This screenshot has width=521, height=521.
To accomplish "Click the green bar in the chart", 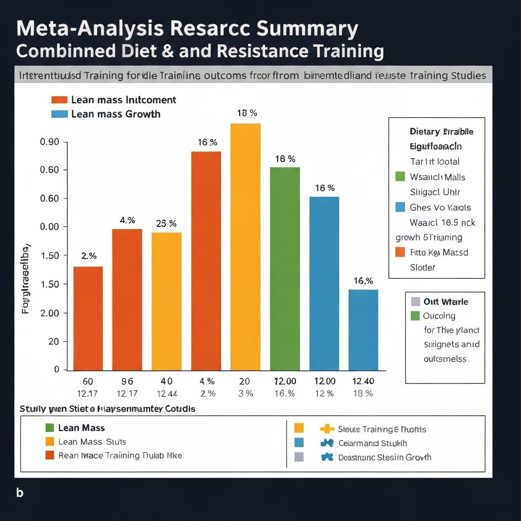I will coord(284,269).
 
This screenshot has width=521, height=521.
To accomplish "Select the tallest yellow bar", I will coord(245,247).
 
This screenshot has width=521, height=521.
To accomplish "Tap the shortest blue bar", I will coord(363,330).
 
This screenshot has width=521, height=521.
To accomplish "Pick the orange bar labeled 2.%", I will coord(88,319).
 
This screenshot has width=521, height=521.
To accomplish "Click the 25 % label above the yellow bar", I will coord(166,223).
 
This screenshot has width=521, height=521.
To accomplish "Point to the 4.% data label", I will coord(127,220).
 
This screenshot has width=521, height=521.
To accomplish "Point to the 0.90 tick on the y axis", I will coord(50,142).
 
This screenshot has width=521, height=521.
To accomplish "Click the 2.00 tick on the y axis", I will coord(50,313).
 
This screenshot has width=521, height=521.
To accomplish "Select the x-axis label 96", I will coord(127,381).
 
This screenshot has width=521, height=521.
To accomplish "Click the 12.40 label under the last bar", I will coord(363,381).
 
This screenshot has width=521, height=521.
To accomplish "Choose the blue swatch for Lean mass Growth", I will coord(60,114).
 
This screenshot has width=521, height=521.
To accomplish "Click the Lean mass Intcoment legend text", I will coord(124,100).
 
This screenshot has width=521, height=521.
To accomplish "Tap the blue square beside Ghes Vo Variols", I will coord(400,207).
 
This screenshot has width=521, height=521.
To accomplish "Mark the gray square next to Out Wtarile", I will coord(415,301).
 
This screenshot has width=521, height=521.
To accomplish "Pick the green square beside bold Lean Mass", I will coord(49,428).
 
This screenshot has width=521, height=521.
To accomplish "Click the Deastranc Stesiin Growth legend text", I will coord(384,457).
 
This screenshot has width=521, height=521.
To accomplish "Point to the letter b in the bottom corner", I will coord(19,493).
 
